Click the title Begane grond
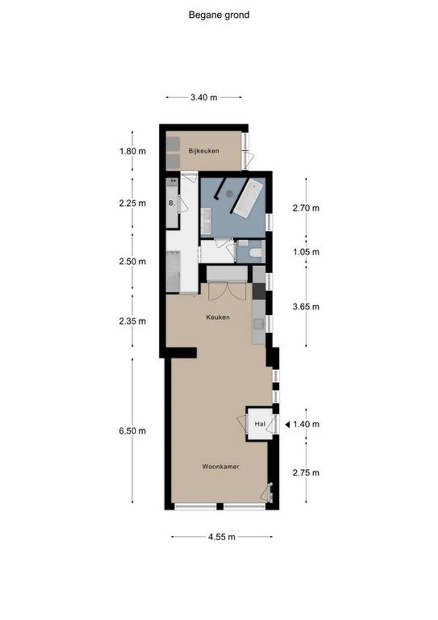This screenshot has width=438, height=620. point(219,15)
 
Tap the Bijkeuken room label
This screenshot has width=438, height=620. point(204,151)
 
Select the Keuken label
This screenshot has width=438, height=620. point(218,317)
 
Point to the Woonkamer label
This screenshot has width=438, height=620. point(220,466)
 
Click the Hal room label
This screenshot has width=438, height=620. point(260,424)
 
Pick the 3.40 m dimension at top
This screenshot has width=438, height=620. point(204,97)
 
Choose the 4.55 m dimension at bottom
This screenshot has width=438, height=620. point(222,537)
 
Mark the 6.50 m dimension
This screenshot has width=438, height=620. point(133,431)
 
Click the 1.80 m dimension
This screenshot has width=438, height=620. point(133,152)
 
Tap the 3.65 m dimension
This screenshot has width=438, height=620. point(306,307)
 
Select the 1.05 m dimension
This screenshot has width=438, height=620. point(306,252)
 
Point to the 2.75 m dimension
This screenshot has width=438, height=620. point(306,472)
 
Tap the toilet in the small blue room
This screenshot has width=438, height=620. point(256,253)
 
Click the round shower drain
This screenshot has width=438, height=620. point(229,194)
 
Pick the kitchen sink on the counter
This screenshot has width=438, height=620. point(259,324)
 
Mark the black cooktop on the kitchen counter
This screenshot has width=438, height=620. point(259,291)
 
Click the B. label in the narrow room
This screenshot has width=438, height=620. point(172,203)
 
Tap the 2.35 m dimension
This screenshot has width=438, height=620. point(133,321)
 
